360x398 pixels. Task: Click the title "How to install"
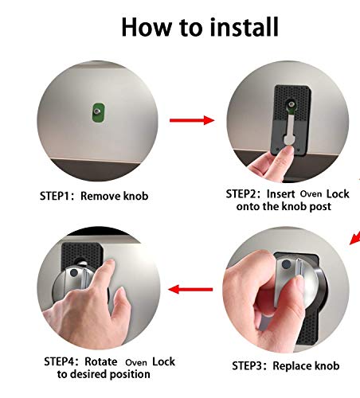pos(199,26)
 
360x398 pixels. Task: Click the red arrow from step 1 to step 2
pos(193,120)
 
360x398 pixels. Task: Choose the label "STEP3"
pos(252,366)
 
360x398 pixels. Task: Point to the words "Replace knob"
pos(307,366)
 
